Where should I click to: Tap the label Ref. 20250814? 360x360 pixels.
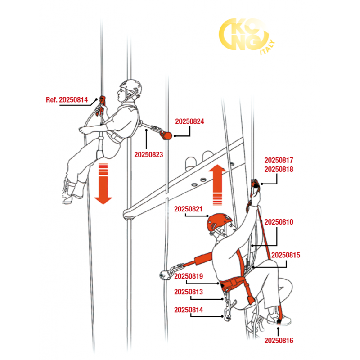[67, 100]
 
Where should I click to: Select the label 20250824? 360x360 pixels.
[189, 121]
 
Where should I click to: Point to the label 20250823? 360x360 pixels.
[148, 154]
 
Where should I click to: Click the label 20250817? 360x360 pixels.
[279, 160]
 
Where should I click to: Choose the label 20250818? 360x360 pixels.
[279, 170]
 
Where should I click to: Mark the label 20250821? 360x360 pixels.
[188, 209]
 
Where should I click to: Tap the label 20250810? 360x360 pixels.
[279, 222]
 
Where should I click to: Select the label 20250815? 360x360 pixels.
[286, 255]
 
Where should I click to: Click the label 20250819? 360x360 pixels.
[189, 276]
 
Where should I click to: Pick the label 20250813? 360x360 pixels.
[189, 292]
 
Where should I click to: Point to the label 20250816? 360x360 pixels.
[279, 341]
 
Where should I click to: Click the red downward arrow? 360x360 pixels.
[103, 184]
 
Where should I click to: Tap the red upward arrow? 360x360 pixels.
[217, 185]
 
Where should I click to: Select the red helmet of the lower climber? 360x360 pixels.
[219, 222]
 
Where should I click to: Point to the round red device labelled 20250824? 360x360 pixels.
[167, 135]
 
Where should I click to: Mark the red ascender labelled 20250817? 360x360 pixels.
[255, 186]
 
